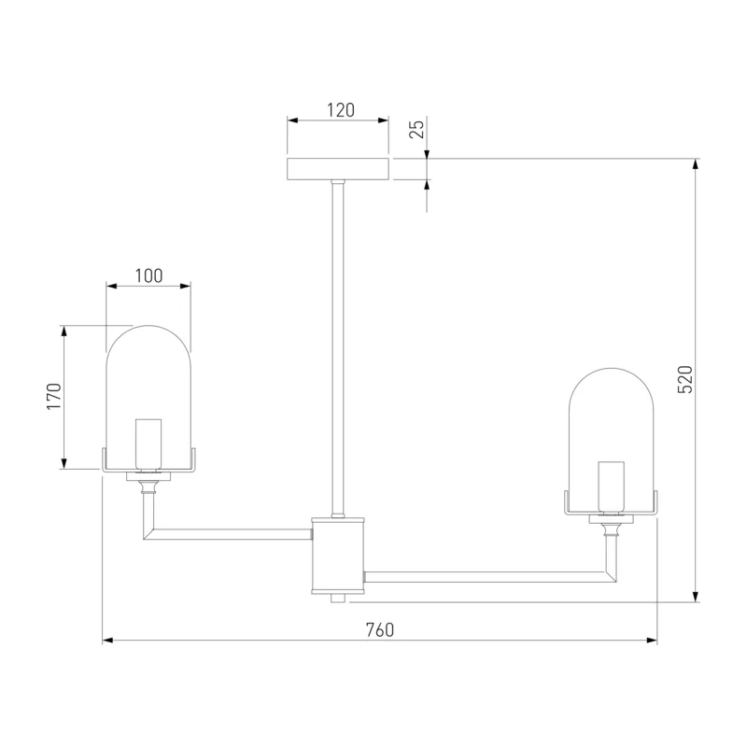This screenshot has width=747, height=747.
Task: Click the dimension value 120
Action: click(341, 110)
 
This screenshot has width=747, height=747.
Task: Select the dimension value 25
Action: click(416, 129)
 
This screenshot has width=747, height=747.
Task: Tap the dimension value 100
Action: click(148, 275)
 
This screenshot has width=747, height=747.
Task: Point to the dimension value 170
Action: click(54, 396)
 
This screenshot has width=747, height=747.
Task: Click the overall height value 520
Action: click(684, 379)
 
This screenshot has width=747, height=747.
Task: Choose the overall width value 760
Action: click(380, 629)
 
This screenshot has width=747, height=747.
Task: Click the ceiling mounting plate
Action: click(338, 169)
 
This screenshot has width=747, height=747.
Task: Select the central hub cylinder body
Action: click(338, 556)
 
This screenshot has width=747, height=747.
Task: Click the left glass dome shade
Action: click(148, 398)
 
